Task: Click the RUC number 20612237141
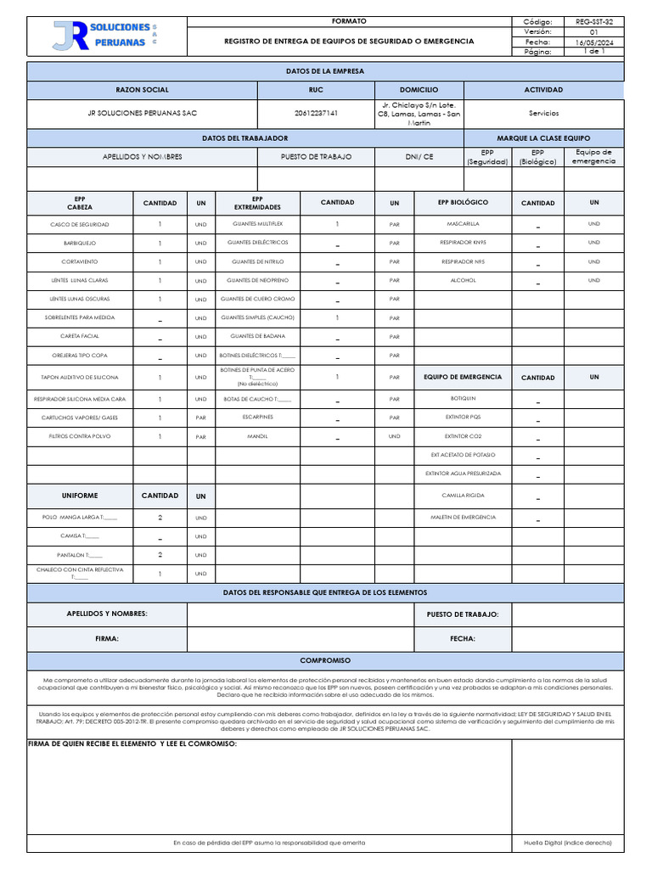316,113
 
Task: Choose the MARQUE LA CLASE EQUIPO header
555,137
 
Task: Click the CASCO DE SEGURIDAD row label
80,224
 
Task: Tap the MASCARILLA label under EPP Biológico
463,224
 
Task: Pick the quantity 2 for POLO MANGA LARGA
160,517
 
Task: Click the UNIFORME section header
80,496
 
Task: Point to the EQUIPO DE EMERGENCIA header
463,377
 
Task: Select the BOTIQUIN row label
463,398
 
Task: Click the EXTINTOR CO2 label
463,436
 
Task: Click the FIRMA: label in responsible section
106,638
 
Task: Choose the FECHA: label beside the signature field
462,638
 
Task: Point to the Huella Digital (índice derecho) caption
568,843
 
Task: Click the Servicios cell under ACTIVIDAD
543,113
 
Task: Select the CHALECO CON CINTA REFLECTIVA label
80,573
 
